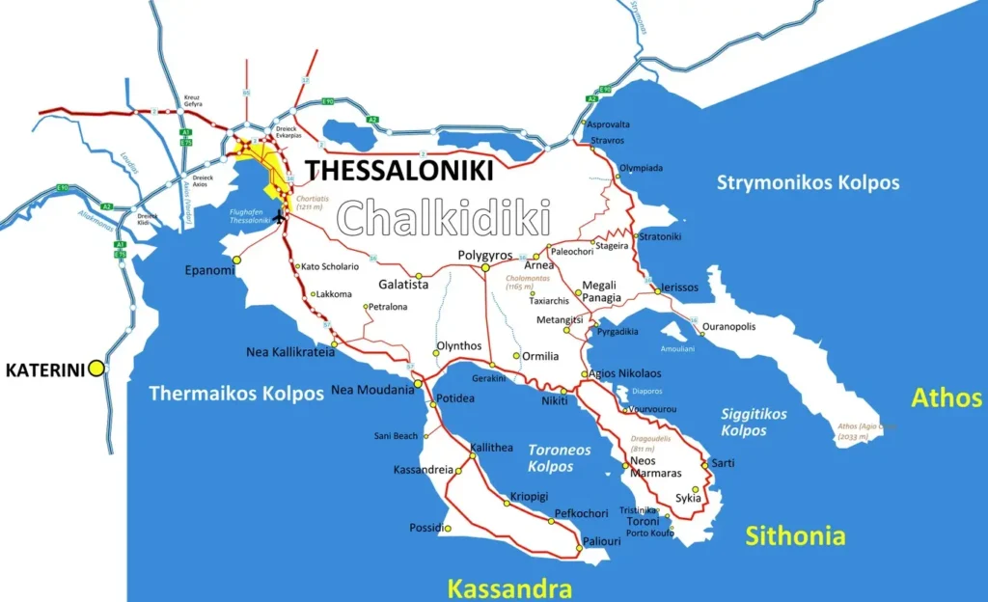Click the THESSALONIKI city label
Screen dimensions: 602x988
(399, 171)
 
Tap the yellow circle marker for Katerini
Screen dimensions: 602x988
(96, 368)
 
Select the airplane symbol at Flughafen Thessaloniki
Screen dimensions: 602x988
(281, 217)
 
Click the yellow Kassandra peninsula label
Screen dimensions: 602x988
(509, 588)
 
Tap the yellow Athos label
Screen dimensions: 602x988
(947, 397)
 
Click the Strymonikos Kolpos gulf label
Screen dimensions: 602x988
(808, 182)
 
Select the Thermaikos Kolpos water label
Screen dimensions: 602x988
(236, 394)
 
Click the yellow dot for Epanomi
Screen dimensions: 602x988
(236, 259)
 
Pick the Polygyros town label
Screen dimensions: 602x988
(484, 255)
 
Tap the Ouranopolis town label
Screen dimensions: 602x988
(728, 327)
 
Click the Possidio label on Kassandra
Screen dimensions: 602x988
(427, 528)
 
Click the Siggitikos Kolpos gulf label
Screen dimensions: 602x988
(754, 422)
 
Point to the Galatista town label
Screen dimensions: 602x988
(402, 285)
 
